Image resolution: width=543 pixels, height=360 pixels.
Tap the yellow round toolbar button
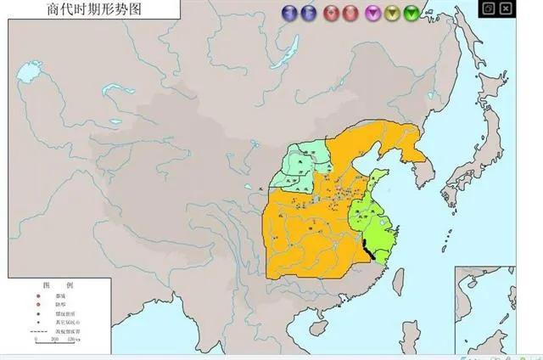[393, 13]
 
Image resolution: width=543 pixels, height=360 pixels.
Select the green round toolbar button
[411, 13]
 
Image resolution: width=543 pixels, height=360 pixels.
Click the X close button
[506, 8]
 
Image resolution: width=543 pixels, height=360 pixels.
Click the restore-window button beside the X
[490, 8]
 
